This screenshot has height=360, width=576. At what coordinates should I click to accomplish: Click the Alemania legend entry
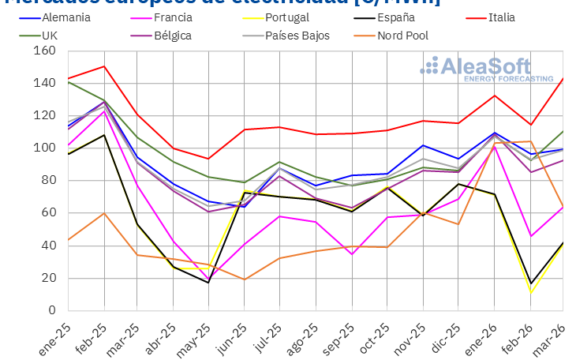[64, 17]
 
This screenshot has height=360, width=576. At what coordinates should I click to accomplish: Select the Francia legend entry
[174, 17]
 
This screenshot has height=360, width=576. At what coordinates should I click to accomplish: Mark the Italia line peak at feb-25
[103, 66]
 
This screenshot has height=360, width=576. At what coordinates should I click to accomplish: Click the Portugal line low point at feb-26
[530, 293]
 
